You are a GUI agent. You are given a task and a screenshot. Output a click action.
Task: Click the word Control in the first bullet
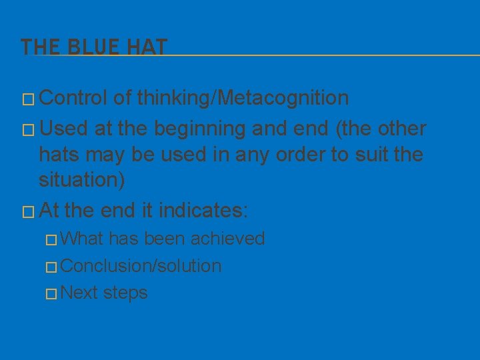(73, 98)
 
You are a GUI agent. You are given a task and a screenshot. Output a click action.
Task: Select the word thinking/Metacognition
(243, 98)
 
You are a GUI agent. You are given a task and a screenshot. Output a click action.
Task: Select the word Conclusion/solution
(141, 266)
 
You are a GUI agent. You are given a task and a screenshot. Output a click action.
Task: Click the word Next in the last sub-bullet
(79, 293)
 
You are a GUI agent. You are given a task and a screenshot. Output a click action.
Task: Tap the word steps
(126, 293)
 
